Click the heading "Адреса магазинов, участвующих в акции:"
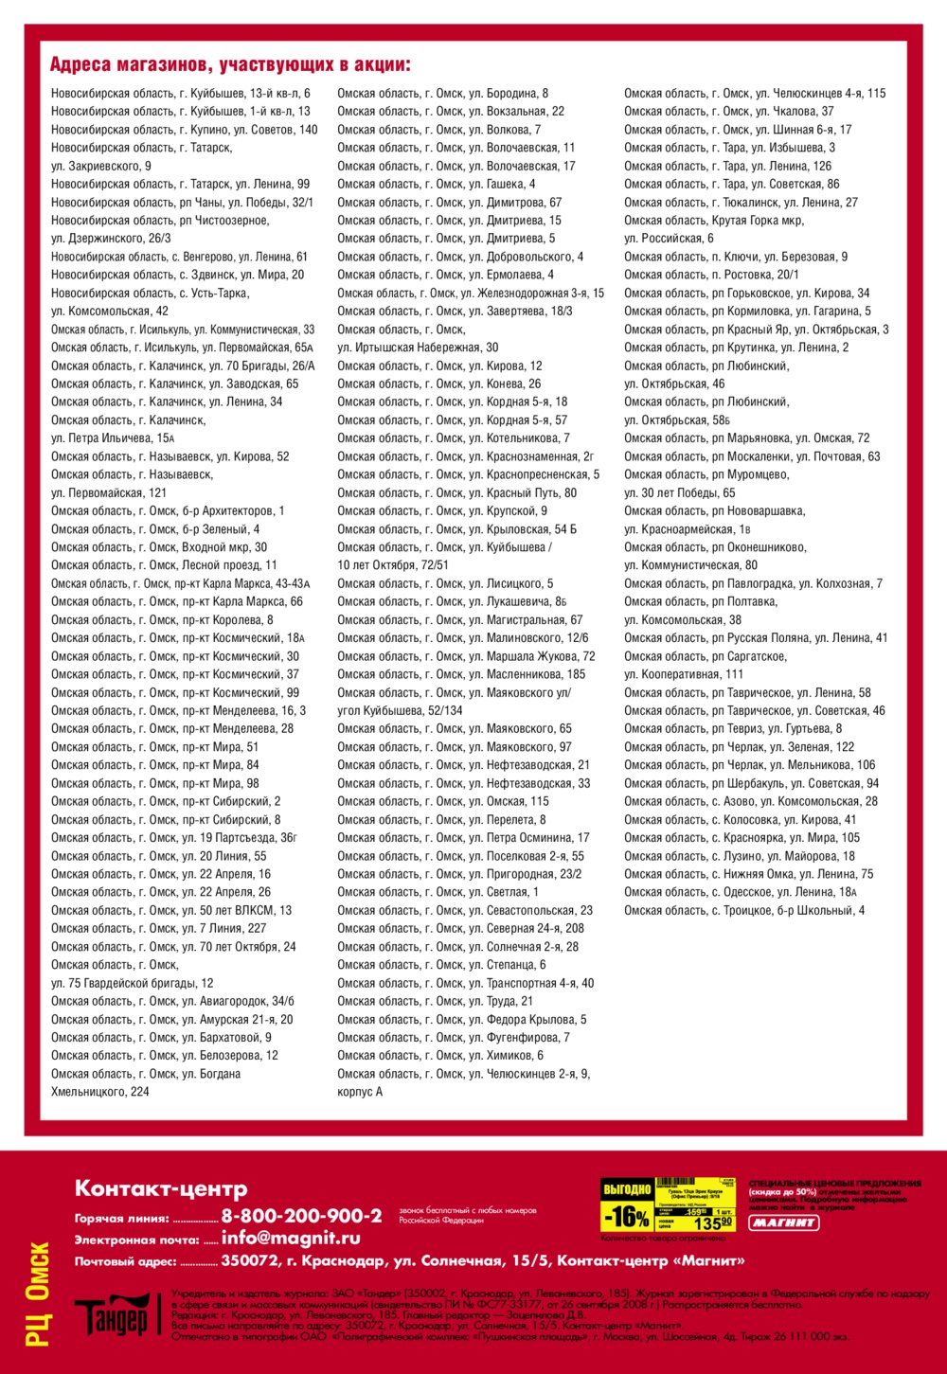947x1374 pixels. (230, 65)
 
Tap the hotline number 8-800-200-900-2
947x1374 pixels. (301, 1216)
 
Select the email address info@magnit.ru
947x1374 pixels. (291, 1238)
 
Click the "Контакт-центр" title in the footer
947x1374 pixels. (161, 1188)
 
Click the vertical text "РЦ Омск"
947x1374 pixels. (38, 1294)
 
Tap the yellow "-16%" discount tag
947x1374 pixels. (627, 1217)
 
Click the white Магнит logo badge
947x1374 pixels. (784, 1222)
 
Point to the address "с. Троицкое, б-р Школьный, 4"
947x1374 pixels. (743, 911)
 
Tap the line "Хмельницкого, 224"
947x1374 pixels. (100, 1092)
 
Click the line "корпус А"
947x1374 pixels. (360, 1092)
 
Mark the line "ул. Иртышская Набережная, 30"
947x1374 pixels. (418, 348)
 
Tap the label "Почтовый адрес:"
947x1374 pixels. (126, 1261)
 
